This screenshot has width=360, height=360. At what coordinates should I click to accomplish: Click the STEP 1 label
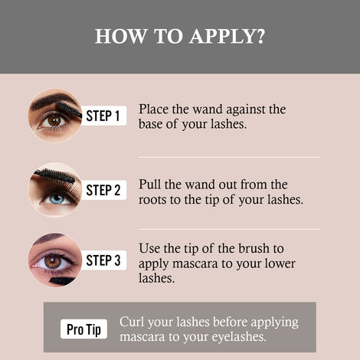coord(102,116)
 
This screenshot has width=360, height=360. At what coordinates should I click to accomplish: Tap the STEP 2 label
coord(102,189)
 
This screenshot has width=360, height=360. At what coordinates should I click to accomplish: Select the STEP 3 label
coord(102,260)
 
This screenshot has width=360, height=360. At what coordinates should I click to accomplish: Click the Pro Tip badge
coord(84,329)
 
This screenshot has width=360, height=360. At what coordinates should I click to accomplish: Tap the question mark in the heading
coord(260,36)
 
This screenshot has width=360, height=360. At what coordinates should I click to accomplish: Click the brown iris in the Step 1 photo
coord(54,119)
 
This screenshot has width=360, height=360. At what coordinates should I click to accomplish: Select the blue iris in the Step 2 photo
coord(55,198)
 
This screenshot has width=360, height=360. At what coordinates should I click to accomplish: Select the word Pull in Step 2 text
coord(150,185)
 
